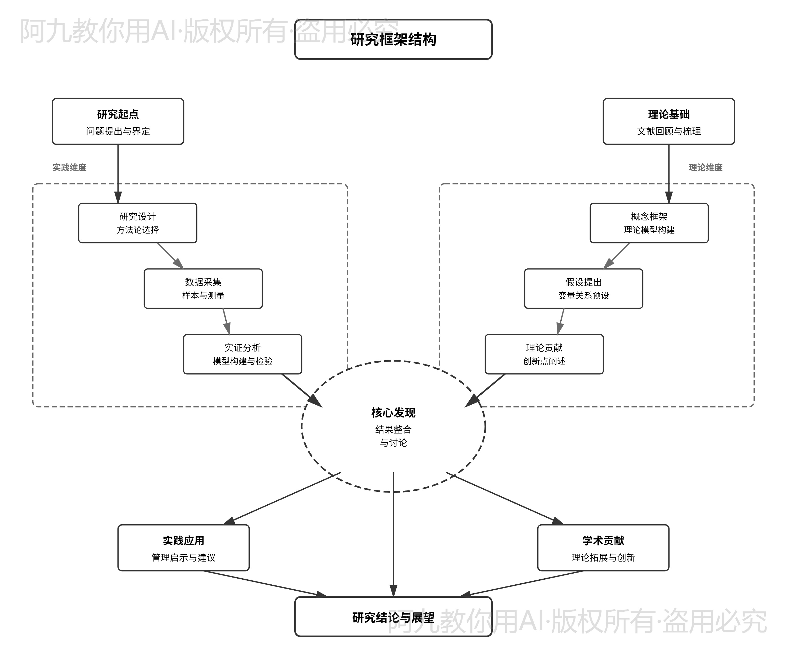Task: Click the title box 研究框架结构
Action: [x=393, y=39]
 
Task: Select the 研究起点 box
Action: [x=118, y=121]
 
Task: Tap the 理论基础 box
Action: [x=669, y=121]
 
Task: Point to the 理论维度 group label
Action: [x=705, y=167]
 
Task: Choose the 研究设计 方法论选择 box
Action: [x=137, y=223]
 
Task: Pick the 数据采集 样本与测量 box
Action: [x=203, y=289]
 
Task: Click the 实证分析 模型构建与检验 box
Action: [x=242, y=354]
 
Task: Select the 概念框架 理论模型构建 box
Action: [x=649, y=223]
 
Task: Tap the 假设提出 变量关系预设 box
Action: [x=583, y=289]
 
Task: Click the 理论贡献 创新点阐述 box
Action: [x=544, y=354]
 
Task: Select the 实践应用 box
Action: [x=183, y=548]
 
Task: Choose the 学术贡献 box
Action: [x=603, y=548]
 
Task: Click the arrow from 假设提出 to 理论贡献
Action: [x=561, y=321]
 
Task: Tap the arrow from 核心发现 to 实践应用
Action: [x=281, y=499]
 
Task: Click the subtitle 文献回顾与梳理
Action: [x=669, y=131]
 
